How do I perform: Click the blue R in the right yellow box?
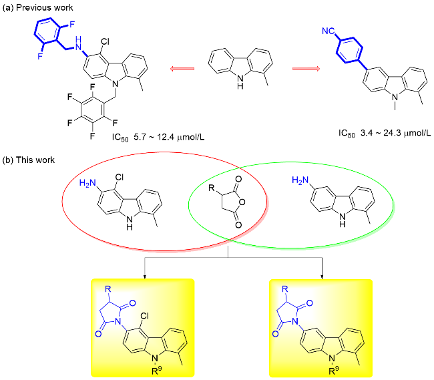pos(286,290)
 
